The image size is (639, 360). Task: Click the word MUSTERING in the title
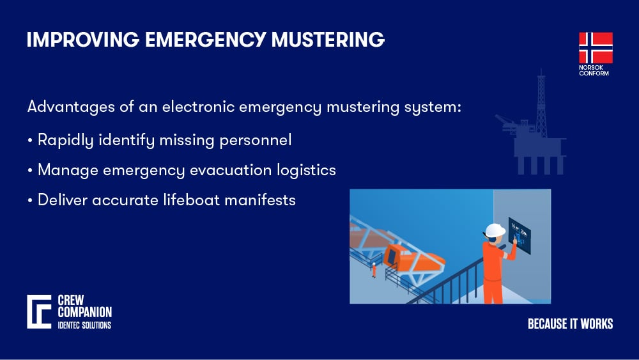coord(328,40)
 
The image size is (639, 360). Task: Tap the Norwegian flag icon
coord(596,48)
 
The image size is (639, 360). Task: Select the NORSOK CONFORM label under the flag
coord(594,70)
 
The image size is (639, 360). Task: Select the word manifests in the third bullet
coord(263,200)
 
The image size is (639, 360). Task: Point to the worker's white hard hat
coord(494,230)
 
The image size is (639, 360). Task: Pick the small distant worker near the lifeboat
coord(374,269)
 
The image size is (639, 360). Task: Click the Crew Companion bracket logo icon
coord(38,312)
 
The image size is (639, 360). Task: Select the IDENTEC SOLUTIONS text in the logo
coord(84,325)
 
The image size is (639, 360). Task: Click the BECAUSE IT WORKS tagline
coord(570,324)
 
